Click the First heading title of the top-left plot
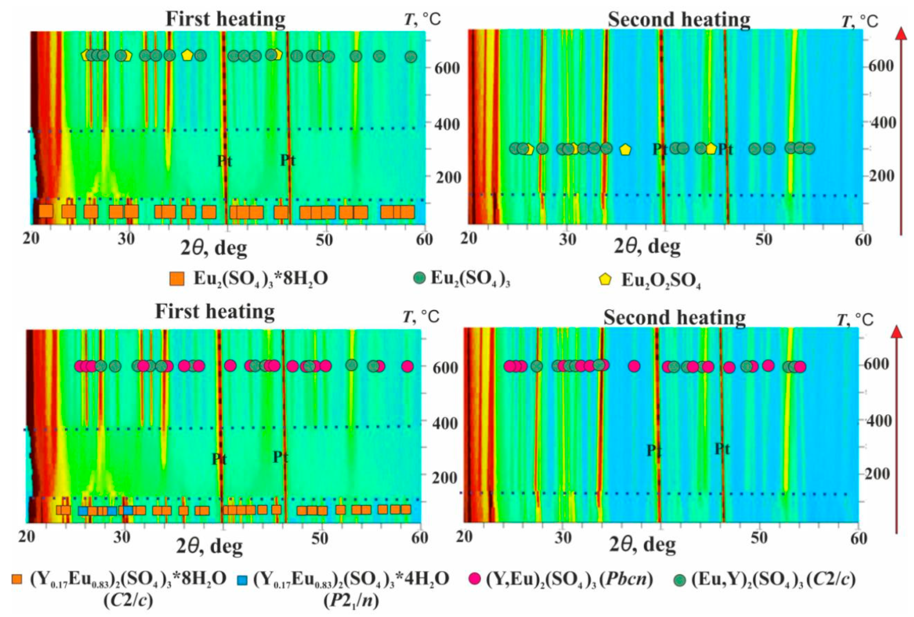(x=225, y=18)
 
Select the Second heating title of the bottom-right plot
(x=675, y=317)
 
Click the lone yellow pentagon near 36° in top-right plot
(x=625, y=149)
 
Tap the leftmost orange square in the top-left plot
(x=46, y=211)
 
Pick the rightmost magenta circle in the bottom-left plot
(x=408, y=366)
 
